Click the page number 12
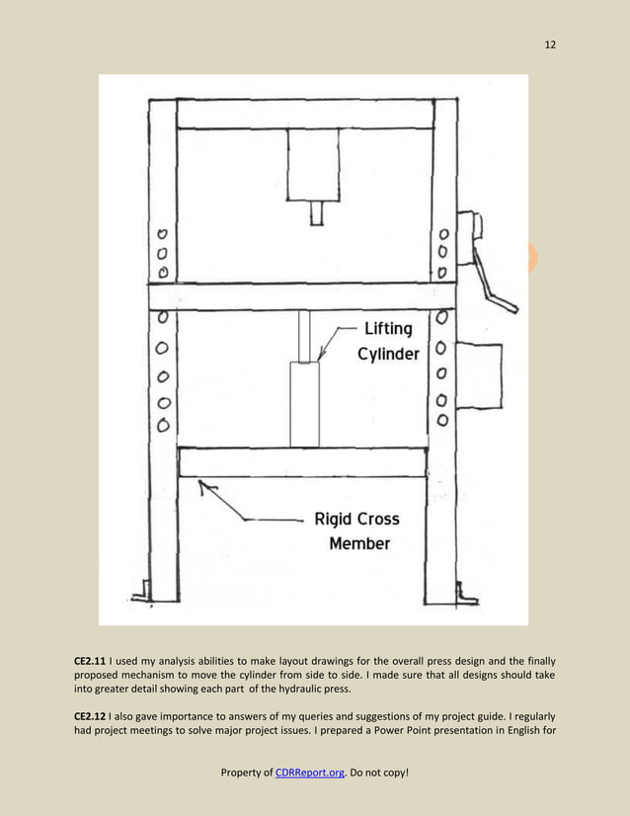pyautogui.click(x=550, y=44)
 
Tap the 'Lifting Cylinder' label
pyautogui.click(x=388, y=342)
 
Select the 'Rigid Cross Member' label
pyautogui.click(x=358, y=530)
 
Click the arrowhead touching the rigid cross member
pyautogui.click(x=203, y=484)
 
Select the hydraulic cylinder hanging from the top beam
pyautogui.click(x=313, y=164)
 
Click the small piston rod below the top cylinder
pyautogui.click(x=316, y=212)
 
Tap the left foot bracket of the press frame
pyautogui.click(x=140, y=593)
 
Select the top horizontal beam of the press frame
pyautogui.click(x=305, y=114)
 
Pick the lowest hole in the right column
pyautogui.click(x=443, y=420)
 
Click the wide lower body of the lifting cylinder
pyautogui.click(x=305, y=403)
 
